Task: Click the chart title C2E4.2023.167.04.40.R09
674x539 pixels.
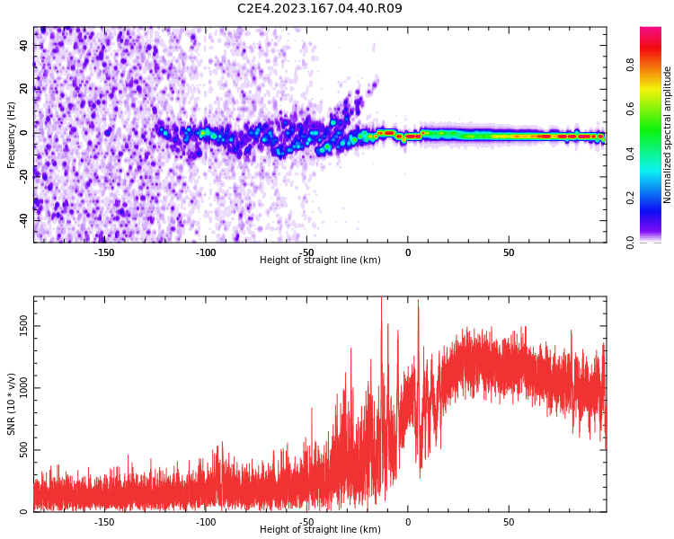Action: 319,8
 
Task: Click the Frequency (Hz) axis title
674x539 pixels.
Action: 11,135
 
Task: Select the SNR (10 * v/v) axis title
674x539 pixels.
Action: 11,404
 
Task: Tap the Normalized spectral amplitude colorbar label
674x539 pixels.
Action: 667,135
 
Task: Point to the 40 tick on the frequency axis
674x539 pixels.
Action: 23,45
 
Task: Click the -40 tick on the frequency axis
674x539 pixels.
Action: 23,221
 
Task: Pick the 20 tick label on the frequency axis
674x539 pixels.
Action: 23,89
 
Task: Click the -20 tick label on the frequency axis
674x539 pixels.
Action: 23,177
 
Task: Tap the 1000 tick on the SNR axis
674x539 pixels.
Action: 23,388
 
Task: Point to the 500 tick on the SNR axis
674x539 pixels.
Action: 23,450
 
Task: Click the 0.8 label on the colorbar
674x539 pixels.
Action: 630,65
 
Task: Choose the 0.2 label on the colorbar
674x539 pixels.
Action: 630,198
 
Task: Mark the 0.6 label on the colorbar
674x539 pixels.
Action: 630,110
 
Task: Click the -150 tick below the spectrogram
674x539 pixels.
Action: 104,252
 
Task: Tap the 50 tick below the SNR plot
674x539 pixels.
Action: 509,522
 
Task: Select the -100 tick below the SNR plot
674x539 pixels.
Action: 206,522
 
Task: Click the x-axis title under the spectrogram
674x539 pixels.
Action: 320,260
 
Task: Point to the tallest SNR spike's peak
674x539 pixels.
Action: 381,297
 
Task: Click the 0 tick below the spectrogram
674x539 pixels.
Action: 408,252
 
